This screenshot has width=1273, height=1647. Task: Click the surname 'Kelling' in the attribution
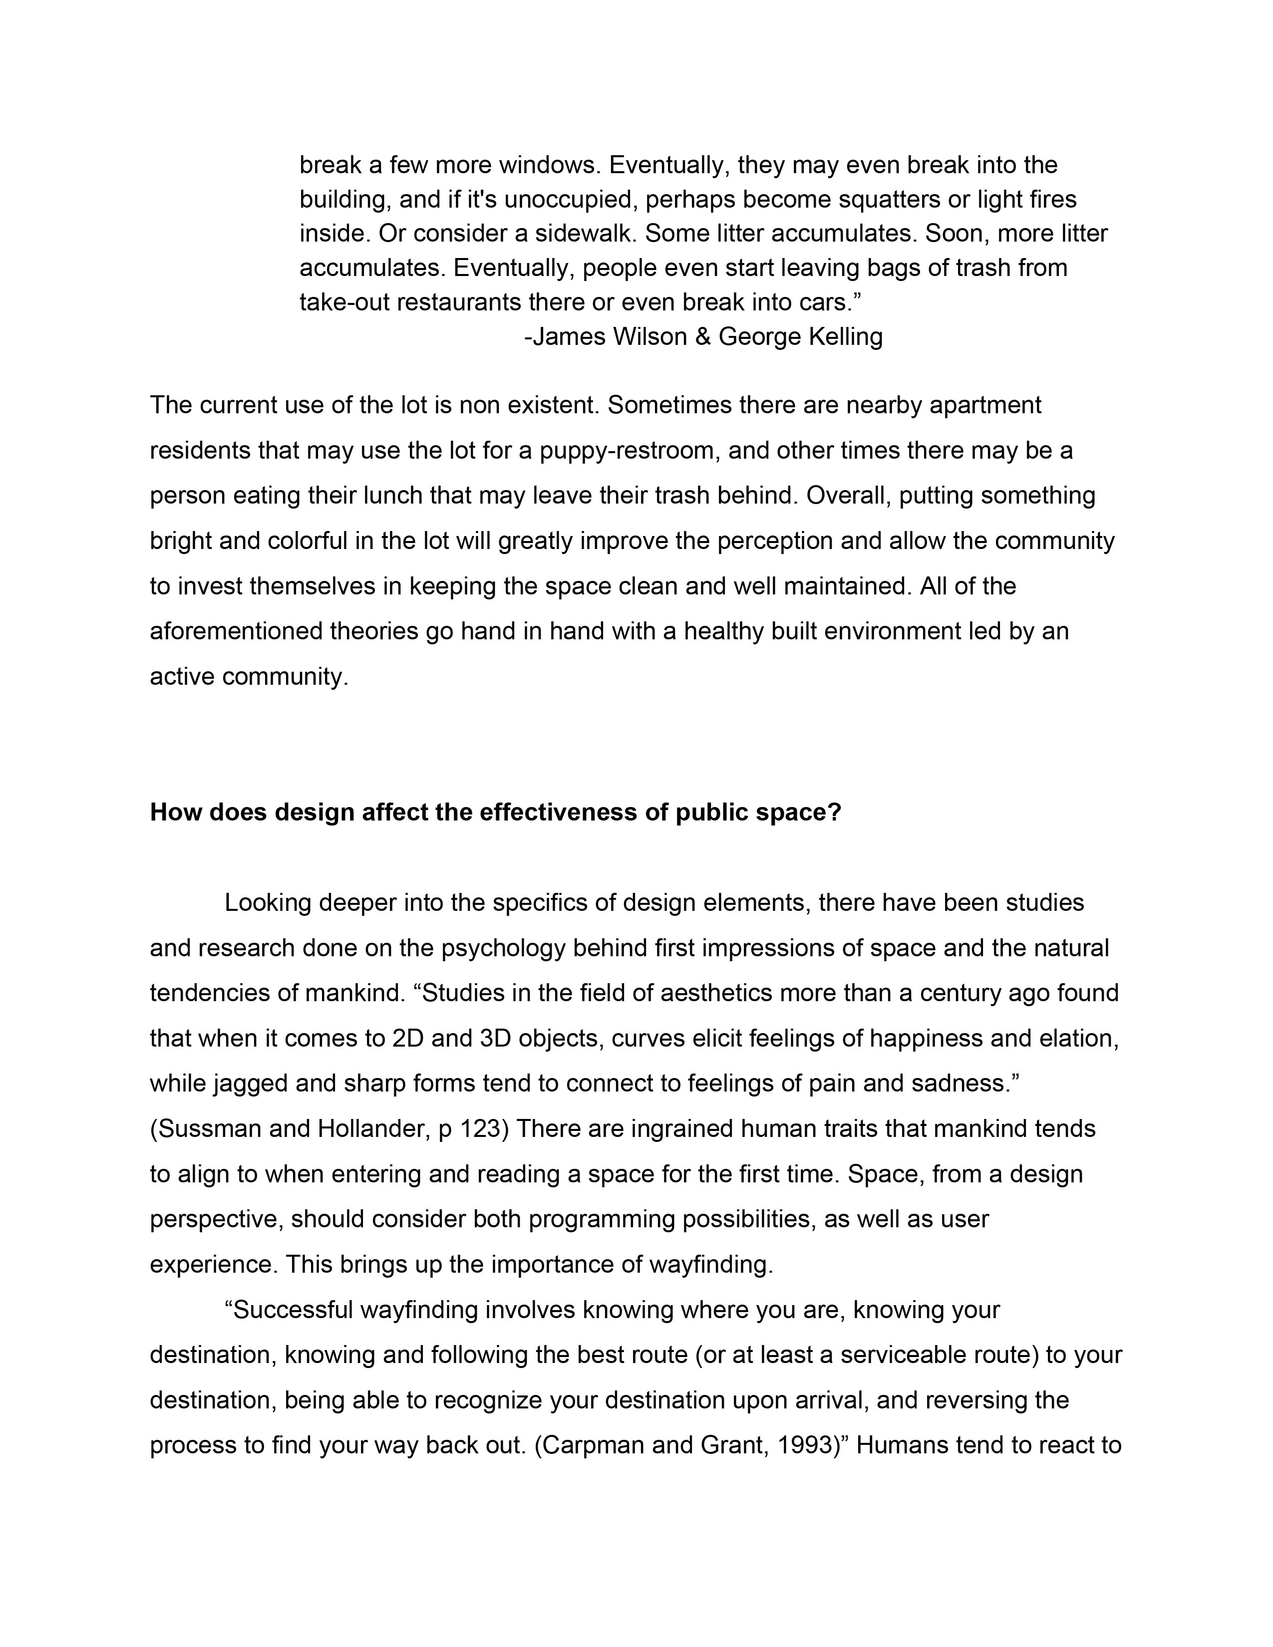[845, 336]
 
